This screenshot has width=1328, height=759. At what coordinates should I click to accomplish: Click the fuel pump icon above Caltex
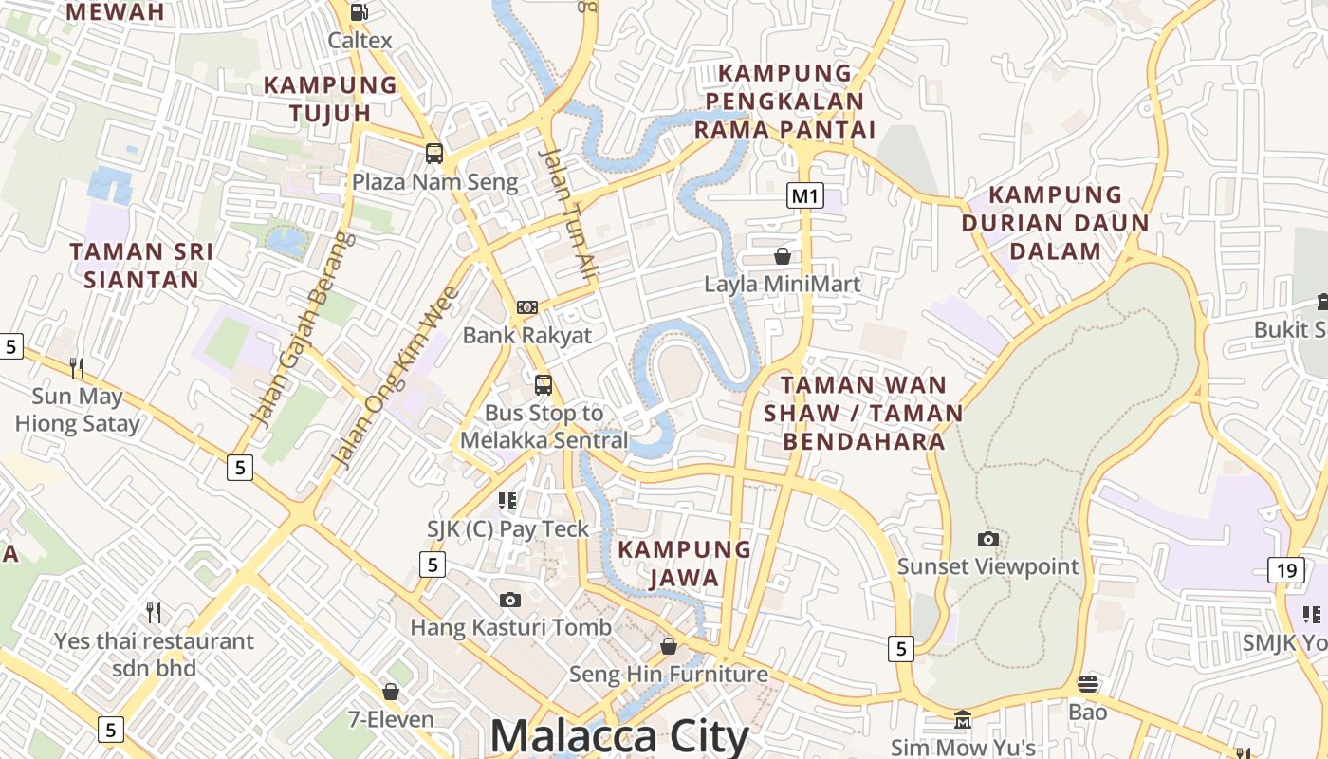click(x=360, y=12)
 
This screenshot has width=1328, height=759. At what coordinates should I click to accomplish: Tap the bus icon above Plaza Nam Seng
click(x=434, y=153)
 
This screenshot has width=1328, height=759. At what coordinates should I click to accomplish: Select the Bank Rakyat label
click(x=526, y=335)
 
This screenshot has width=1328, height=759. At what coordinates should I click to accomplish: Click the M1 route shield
click(x=804, y=196)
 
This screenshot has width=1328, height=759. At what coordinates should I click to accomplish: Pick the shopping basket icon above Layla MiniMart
click(x=783, y=256)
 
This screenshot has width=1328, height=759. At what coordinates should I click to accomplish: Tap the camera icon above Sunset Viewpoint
click(x=988, y=539)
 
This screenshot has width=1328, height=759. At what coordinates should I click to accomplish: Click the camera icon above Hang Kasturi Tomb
click(x=510, y=600)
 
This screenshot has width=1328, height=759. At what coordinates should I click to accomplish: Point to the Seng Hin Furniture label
click(x=668, y=675)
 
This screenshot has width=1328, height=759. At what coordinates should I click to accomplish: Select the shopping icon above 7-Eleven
click(x=390, y=692)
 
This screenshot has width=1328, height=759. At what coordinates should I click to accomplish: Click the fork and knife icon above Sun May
click(x=77, y=367)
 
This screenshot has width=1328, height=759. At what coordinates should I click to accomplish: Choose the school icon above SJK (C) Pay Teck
click(x=507, y=500)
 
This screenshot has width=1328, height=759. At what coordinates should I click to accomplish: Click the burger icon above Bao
click(x=1087, y=683)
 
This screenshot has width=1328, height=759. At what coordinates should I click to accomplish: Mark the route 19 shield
click(x=1285, y=570)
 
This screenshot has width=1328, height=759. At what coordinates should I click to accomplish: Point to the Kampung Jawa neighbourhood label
click(x=684, y=563)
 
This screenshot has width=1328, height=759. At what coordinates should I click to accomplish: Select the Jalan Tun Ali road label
click(x=569, y=213)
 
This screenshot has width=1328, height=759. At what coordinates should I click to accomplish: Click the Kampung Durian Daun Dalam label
click(x=1055, y=223)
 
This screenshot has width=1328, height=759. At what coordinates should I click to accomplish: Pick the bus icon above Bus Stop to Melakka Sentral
click(x=544, y=384)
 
